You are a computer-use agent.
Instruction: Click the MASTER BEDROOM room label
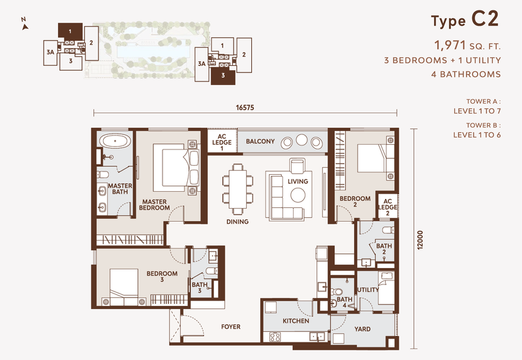coord(155,205)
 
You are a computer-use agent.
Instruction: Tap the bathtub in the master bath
coord(115,140)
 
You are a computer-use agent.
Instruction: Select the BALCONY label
coord(260,142)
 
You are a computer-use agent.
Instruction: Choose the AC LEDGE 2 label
coord(387,207)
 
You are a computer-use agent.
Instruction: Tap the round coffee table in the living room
coord(298,194)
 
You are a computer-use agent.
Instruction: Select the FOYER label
coord(230,327)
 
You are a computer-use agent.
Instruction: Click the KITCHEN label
coord(295,322)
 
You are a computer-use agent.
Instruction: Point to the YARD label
coord(363,329)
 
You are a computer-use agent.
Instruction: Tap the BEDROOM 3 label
coord(161,277)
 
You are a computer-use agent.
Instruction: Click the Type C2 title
coord(465,20)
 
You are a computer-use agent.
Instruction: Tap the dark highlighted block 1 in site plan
coord(69,31)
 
